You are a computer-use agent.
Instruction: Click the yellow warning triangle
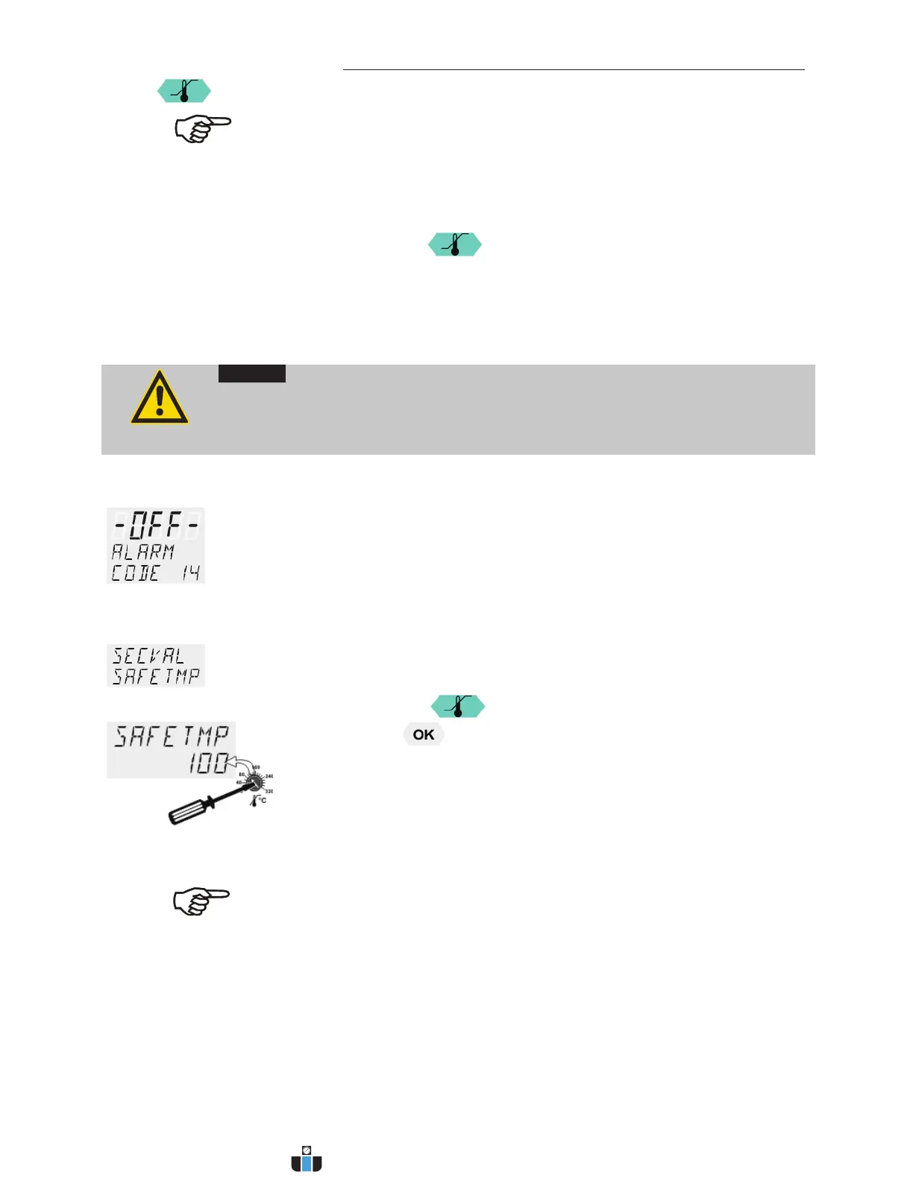pos(159,398)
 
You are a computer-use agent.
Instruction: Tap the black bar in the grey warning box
pos(251,374)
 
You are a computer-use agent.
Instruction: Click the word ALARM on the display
pos(142,552)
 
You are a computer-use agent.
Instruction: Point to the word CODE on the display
pos(135,573)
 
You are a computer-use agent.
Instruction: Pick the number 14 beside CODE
pos(190,573)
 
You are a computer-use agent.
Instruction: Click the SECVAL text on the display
pos(148,655)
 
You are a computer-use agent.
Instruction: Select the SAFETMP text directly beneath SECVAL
pos(156,676)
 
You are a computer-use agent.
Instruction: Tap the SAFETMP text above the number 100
pos(172,737)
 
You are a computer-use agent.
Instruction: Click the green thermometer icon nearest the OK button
pos(458,706)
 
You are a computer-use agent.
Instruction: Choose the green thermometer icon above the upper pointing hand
pos(183,92)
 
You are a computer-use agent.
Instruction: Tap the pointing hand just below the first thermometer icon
pos(202,129)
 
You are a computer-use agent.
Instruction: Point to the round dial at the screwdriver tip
pos(255,781)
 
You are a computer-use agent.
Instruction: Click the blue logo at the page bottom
pos(307,1159)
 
